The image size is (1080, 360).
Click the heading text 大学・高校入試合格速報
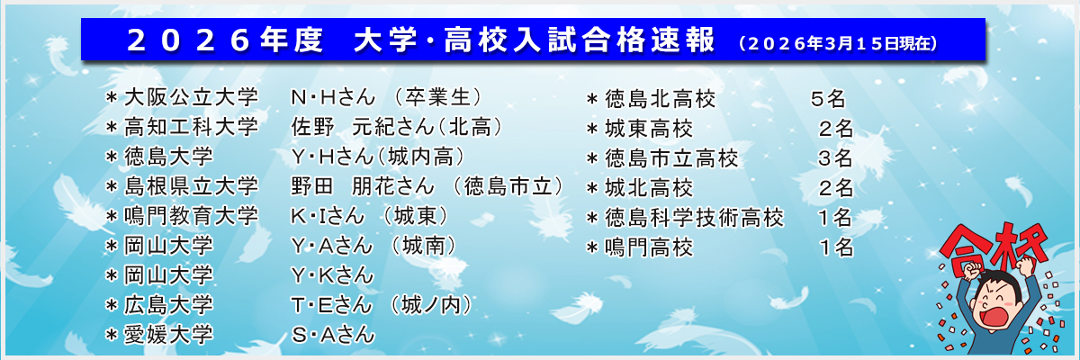535,40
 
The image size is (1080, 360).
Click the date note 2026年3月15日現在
837,42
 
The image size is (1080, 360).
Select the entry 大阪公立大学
191,96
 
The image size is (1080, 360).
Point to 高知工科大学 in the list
191,126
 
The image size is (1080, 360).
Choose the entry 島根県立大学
191,186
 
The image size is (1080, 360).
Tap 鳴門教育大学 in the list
191,216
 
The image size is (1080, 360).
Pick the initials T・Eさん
330,304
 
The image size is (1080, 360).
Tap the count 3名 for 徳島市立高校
835,158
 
